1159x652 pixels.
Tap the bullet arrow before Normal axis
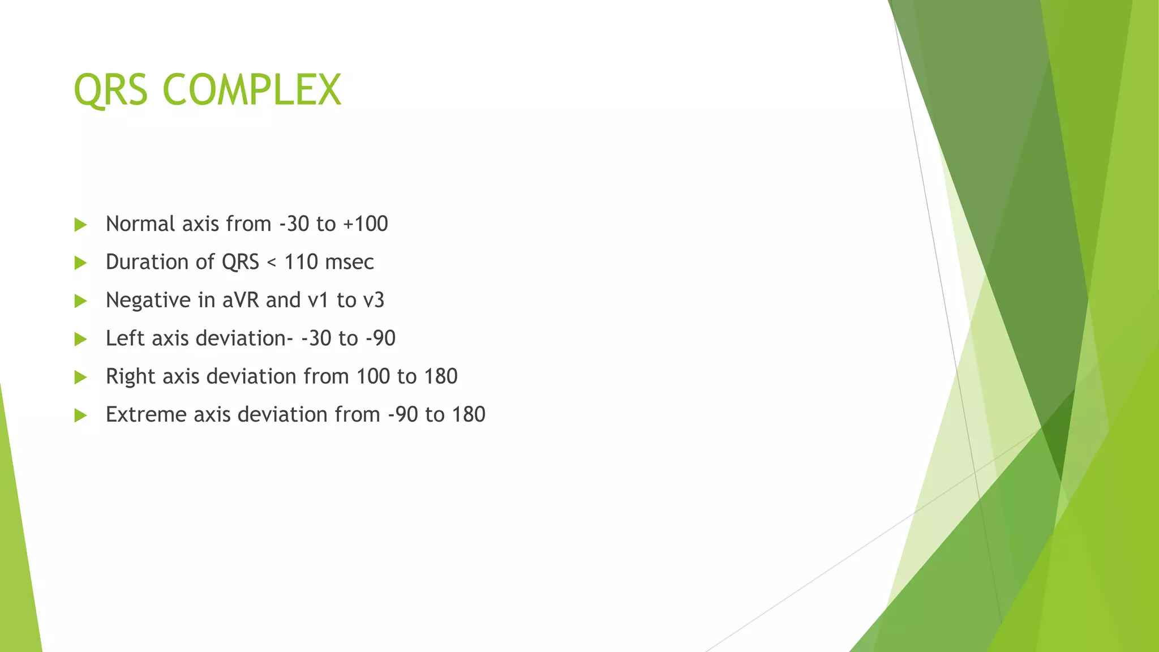point(80,225)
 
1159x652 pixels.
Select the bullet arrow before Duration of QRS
point(80,263)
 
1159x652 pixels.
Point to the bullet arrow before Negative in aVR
point(80,301)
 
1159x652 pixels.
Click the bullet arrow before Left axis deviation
point(80,339)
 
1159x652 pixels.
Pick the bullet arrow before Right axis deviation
point(80,377)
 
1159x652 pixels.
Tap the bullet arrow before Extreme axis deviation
point(80,415)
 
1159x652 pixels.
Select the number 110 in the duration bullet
point(301,262)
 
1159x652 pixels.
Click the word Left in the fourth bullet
point(126,338)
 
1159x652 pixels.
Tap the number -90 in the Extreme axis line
point(403,414)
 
